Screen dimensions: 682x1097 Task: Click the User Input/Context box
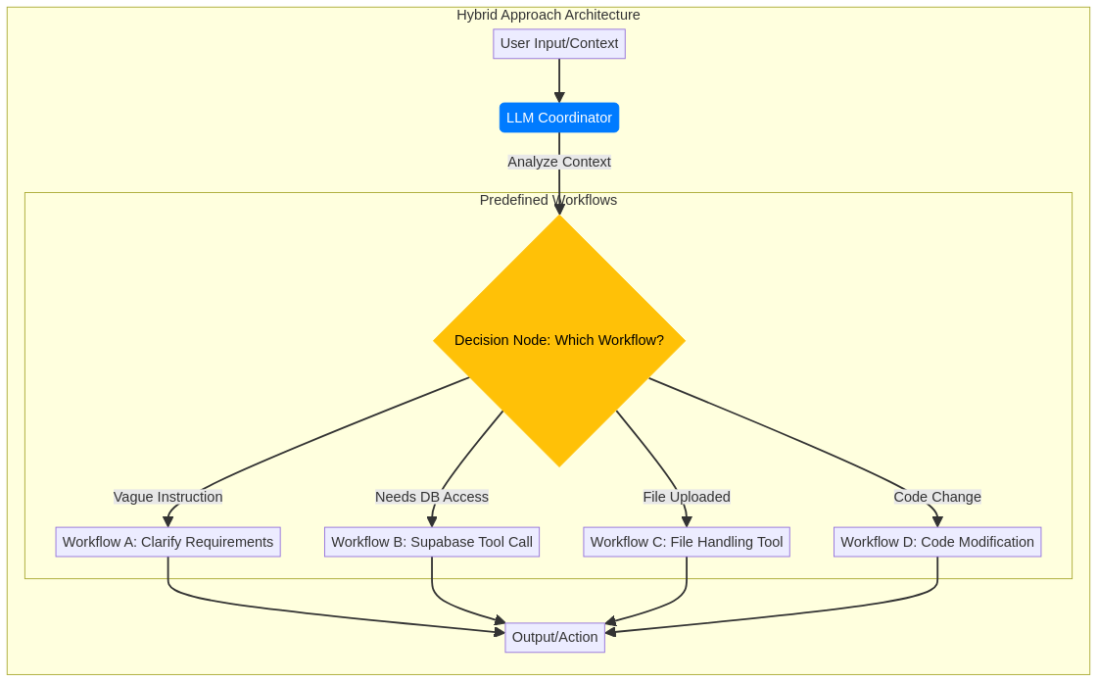click(x=559, y=43)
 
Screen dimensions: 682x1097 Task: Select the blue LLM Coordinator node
click(x=559, y=118)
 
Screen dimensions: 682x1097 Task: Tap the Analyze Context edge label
click(x=559, y=162)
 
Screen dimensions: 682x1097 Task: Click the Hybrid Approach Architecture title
click(x=548, y=15)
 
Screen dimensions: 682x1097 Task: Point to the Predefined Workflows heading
click(x=548, y=200)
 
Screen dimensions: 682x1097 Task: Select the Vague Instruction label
click(x=168, y=497)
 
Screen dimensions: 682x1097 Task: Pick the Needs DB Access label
click(x=432, y=497)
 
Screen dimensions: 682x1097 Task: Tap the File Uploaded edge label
click(x=687, y=497)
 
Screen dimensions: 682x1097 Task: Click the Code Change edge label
click(x=937, y=497)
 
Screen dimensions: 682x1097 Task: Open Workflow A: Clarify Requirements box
click(x=168, y=542)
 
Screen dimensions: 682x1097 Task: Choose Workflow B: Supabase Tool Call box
click(x=432, y=542)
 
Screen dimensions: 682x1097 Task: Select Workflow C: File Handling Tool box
click(x=687, y=542)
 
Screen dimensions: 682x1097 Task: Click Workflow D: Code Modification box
click(x=937, y=542)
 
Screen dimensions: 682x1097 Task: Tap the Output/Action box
click(x=555, y=637)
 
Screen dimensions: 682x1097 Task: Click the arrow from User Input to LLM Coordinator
click(x=559, y=78)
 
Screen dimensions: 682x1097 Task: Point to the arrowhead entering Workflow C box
click(x=687, y=522)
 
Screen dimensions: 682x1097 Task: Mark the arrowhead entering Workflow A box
click(x=168, y=522)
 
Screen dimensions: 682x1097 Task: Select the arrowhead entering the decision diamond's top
click(x=559, y=209)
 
